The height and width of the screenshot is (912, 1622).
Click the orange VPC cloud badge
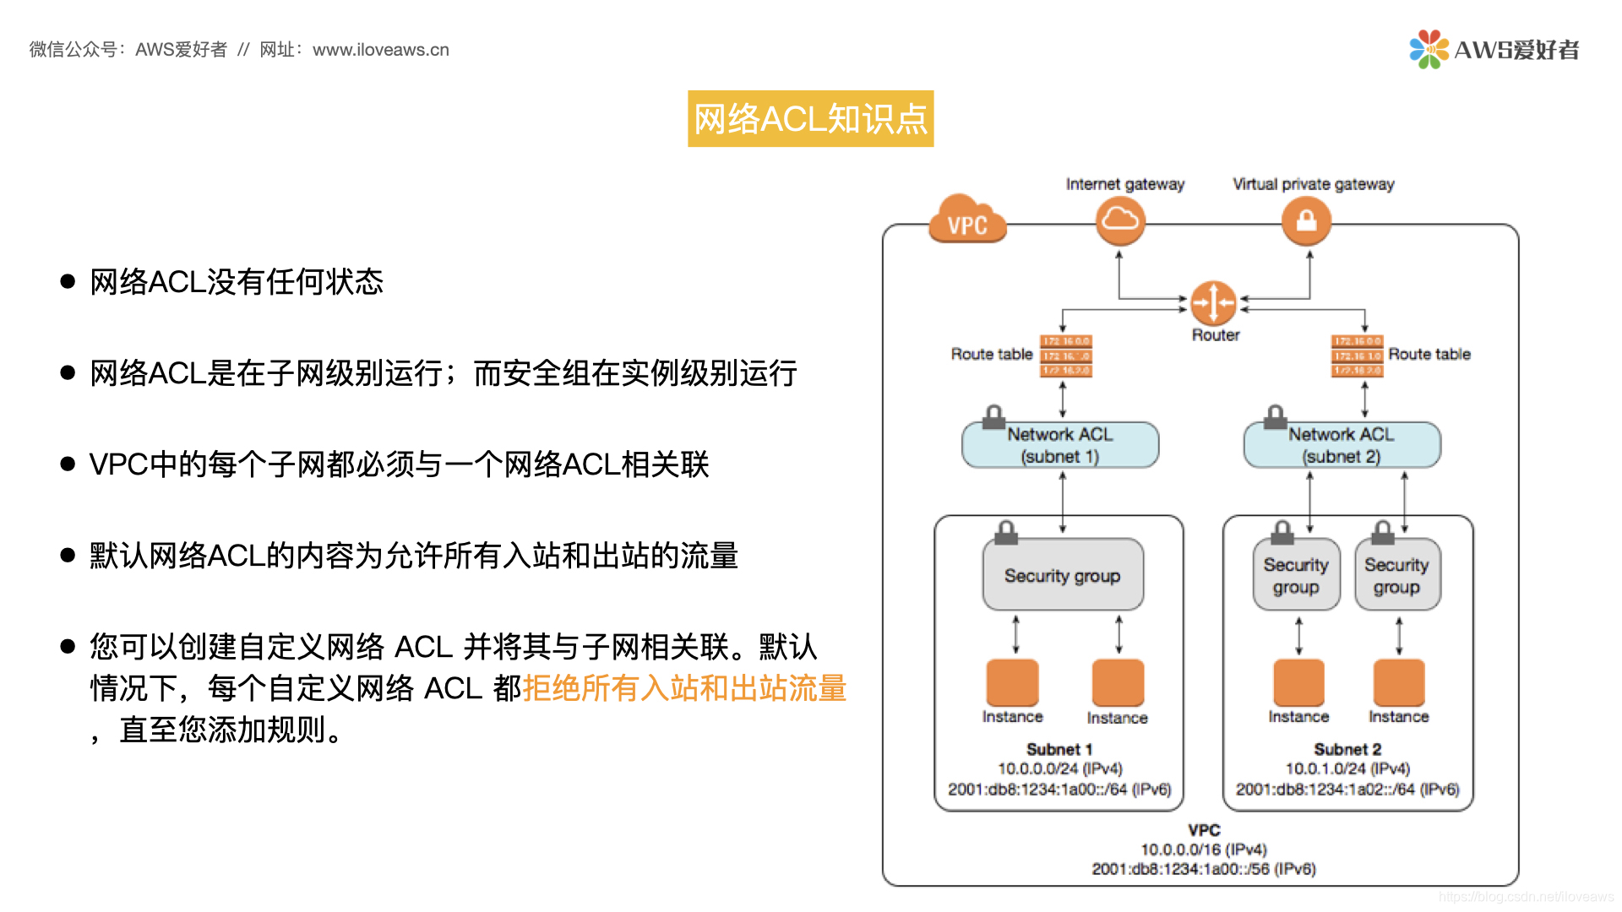point(967,220)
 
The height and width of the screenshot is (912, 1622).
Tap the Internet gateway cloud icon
point(1120,220)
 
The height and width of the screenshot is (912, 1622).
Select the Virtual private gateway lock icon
point(1306,220)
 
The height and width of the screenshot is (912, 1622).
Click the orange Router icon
point(1213,302)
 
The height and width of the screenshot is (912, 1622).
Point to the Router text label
point(1216,335)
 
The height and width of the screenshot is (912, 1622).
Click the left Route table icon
point(1066,356)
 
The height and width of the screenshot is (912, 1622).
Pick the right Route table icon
point(1357,356)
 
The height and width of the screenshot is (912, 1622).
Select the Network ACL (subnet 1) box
point(1060,445)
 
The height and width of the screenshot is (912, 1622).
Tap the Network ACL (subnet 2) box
point(1342,445)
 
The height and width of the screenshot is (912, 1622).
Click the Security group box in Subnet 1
point(1063,575)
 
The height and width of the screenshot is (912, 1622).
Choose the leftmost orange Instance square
point(1012,682)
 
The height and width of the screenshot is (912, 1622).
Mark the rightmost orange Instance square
point(1399,682)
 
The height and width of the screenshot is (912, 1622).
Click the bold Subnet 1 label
point(1059,749)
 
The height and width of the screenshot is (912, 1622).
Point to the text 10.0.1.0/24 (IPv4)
point(1347,768)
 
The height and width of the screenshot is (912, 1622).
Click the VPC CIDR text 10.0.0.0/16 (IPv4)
point(1204,850)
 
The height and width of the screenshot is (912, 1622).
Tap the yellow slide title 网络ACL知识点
point(810,119)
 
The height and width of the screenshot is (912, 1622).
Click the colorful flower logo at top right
point(1428,49)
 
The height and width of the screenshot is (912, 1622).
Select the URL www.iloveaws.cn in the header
point(381,50)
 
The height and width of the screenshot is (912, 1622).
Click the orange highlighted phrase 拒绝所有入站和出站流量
point(684,688)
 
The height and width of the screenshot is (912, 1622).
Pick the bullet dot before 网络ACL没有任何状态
point(68,281)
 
